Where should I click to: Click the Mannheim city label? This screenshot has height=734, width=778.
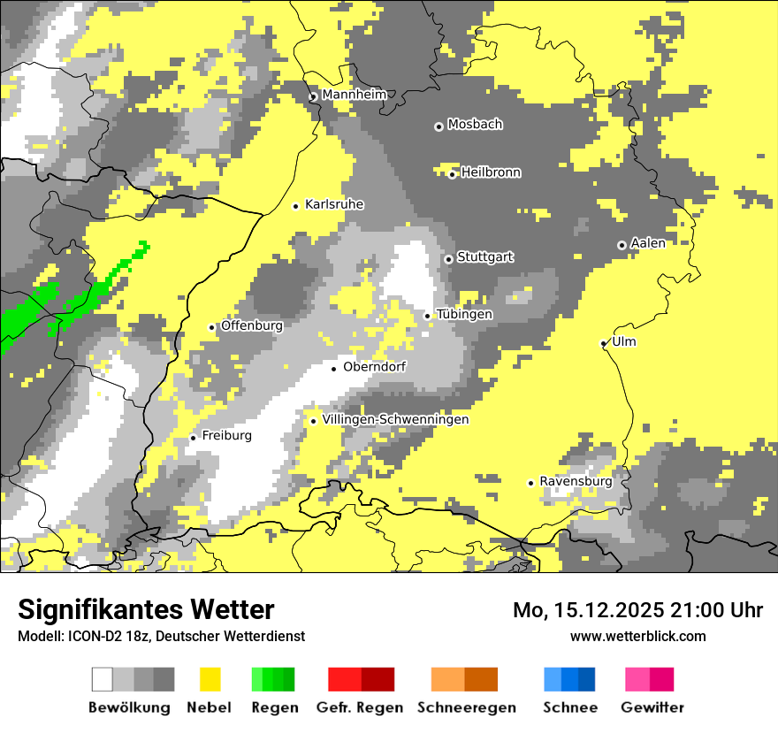(354, 95)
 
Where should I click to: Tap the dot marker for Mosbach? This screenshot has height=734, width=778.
(439, 126)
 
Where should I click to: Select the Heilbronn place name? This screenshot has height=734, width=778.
(491, 172)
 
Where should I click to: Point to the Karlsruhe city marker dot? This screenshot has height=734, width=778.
(296, 206)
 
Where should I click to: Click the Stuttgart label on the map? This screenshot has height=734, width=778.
(485, 257)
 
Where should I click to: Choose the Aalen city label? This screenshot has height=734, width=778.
(648, 243)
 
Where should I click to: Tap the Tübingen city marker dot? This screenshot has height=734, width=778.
(428, 316)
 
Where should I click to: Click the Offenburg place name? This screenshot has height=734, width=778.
(252, 325)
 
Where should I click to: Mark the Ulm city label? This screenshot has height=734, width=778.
(624, 341)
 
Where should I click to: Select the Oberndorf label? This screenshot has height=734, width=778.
(375, 366)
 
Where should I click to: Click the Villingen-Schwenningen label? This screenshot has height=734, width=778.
(396, 419)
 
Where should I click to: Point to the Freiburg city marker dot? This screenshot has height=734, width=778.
(194, 438)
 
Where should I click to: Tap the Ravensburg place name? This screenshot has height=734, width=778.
(576, 481)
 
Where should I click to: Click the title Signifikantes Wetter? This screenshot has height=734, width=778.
(146, 609)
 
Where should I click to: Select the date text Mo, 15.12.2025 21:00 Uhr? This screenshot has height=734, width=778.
(637, 610)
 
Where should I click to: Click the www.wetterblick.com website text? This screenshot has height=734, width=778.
(637, 636)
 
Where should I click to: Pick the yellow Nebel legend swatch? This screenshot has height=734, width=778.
(210, 679)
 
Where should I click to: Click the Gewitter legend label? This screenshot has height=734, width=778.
(652, 707)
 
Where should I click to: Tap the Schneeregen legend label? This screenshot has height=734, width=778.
(467, 707)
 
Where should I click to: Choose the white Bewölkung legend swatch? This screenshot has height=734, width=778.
(103, 679)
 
